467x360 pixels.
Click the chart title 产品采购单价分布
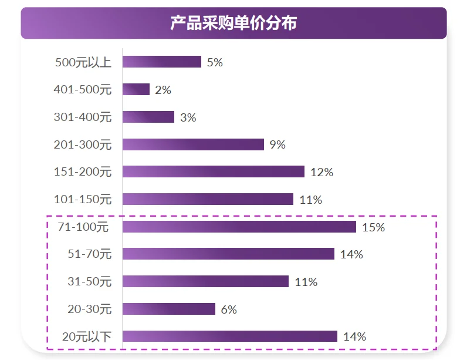(x=233, y=23)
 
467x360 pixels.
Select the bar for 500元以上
(x=162, y=62)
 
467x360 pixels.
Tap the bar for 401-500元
(x=136, y=89)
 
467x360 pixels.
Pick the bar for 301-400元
(x=148, y=117)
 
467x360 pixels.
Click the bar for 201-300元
(x=193, y=144)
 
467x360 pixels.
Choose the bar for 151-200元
(x=214, y=171)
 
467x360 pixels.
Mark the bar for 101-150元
(x=208, y=199)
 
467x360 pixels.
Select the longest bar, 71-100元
(x=239, y=227)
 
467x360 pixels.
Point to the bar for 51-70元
(x=228, y=254)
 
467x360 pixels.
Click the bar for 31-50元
(x=205, y=281)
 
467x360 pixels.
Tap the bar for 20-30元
(x=169, y=309)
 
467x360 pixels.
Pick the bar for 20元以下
(x=230, y=336)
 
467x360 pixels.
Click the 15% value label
(x=374, y=227)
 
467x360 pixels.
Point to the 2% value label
(x=163, y=90)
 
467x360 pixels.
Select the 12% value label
(x=322, y=172)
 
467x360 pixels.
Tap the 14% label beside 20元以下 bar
(x=354, y=337)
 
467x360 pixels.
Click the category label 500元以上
(x=83, y=62)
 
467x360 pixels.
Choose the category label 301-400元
(x=82, y=117)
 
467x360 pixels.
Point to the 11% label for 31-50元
(x=306, y=282)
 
